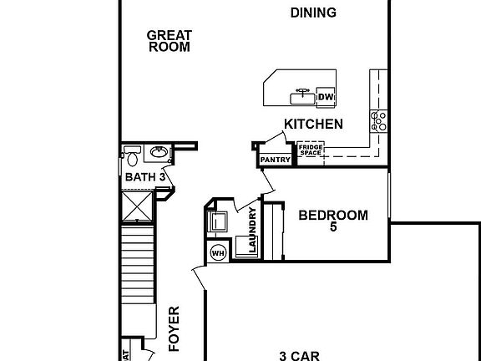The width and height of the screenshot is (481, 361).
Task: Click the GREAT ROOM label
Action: pos(170,41)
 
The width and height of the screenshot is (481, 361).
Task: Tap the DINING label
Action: pos(313,13)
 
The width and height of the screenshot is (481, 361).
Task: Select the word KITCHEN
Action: pos(313,124)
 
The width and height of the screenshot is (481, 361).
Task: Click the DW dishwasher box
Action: pos(326,97)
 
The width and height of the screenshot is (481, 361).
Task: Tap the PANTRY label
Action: pos(275,160)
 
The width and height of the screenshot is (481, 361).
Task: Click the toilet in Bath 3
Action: pos(132,155)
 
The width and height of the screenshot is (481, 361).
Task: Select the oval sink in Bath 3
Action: pos(157,153)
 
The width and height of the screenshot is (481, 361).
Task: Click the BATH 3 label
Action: pos(144,177)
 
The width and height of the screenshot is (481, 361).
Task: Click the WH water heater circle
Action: pos(218,252)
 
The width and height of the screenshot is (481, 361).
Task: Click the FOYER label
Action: pos(175,328)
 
